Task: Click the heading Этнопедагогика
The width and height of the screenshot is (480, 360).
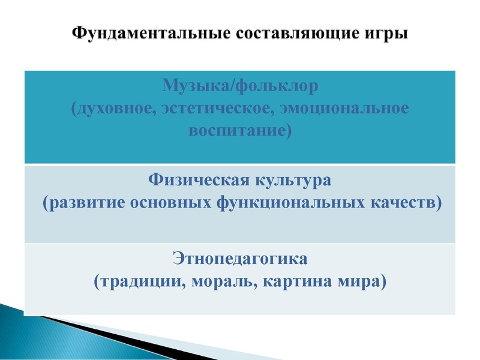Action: coord(239,259)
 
